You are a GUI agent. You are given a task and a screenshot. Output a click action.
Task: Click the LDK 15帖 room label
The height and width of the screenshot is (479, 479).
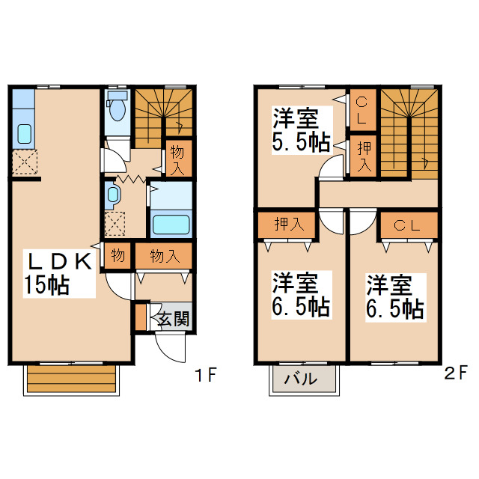point(59,273)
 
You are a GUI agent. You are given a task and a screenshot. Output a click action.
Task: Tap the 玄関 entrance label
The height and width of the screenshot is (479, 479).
point(174,319)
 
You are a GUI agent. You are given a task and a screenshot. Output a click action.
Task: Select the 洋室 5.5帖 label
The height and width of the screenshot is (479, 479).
point(302,130)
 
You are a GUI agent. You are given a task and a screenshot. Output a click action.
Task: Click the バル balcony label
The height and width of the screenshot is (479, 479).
point(301,379)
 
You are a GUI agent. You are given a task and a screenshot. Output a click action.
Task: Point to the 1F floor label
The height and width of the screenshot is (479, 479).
point(207,375)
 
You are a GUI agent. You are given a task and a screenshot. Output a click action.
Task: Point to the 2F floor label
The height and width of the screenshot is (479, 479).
point(456,373)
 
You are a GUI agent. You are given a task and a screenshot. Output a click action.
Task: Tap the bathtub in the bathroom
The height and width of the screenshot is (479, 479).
point(171,225)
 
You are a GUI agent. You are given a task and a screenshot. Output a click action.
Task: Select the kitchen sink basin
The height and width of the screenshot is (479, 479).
point(25,134)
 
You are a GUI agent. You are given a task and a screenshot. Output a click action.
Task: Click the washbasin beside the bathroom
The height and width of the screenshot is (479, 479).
point(113,195)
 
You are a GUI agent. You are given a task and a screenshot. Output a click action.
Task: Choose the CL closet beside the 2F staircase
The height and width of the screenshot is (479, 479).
point(363,110)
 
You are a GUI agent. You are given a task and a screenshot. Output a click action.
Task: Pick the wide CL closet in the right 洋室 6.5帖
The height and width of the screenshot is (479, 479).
point(409,225)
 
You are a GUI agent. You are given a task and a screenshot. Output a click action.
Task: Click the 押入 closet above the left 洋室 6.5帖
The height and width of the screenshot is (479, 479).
point(287,225)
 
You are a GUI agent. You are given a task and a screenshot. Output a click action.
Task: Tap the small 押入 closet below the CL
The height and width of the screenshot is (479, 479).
point(363,156)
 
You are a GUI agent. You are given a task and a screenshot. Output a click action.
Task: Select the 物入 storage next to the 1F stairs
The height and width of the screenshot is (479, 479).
point(179,158)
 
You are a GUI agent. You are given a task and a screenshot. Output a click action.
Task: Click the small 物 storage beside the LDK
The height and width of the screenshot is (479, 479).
point(118,255)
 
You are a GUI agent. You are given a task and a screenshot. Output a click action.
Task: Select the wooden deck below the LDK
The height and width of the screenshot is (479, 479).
point(72,379)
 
